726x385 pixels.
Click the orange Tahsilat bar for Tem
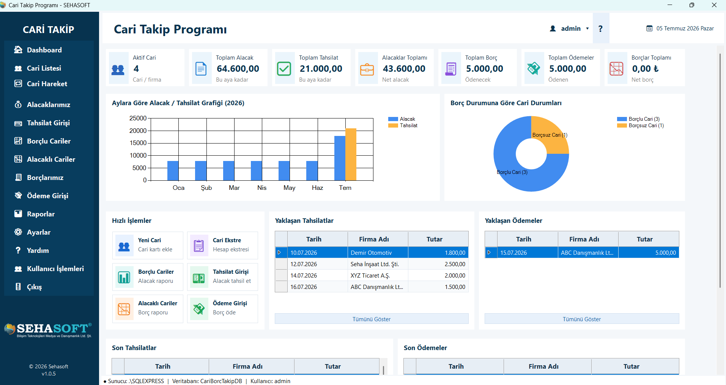pyautogui.click(x=351, y=154)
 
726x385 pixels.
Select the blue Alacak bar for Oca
pyautogui.click(x=173, y=170)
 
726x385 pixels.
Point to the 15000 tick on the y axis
pyautogui.click(x=138, y=143)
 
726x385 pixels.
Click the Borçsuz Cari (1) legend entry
pyautogui.click(x=640, y=125)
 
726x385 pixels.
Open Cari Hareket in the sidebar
pyautogui.click(x=47, y=84)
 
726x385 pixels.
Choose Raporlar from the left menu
pyautogui.click(x=41, y=214)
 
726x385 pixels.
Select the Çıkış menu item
pyautogui.click(x=34, y=287)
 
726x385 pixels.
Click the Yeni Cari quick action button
pyautogui.click(x=148, y=245)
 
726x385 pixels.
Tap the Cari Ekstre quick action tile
pyautogui.click(x=222, y=245)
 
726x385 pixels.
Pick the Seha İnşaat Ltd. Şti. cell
pyautogui.click(x=375, y=264)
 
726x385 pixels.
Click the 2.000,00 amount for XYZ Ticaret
pyautogui.click(x=455, y=275)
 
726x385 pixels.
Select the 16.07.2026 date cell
pyautogui.click(x=304, y=287)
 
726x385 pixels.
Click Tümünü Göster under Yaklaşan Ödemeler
pyautogui.click(x=581, y=319)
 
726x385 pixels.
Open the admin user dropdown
pyautogui.click(x=570, y=28)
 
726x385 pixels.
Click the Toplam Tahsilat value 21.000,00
pyautogui.click(x=321, y=69)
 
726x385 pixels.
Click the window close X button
pyautogui.click(x=714, y=5)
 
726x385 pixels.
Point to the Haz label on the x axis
pyautogui.click(x=317, y=188)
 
